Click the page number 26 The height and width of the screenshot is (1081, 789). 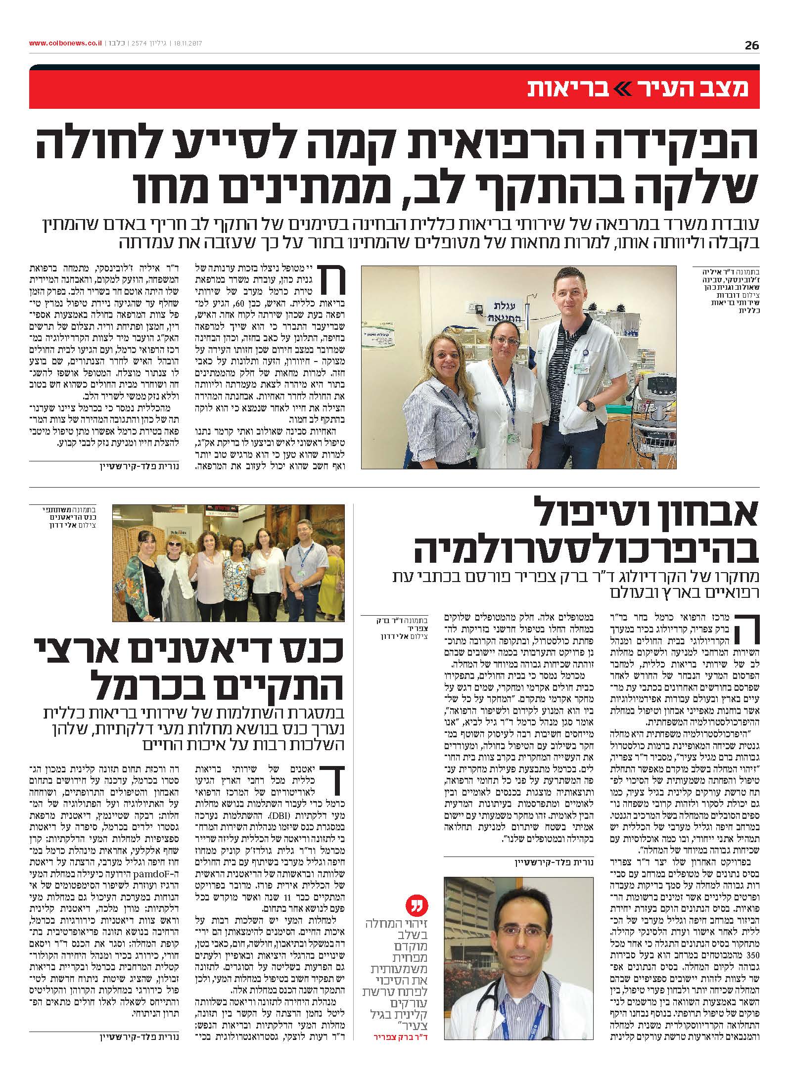pyautogui.click(x=751, y=45)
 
